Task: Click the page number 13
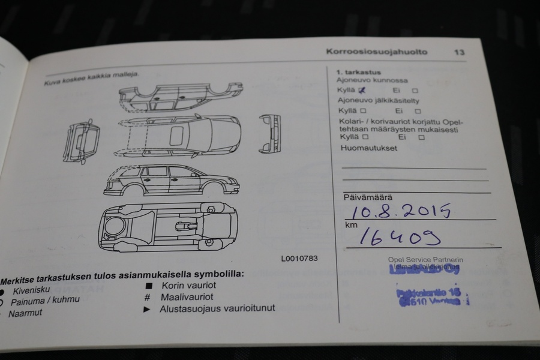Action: pyautogui.click(x=459, y=52)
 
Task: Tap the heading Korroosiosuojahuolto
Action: pyautogui.click(x=377, y=52)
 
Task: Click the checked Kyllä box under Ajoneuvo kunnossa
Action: pyautogui.click(x=361, y=90)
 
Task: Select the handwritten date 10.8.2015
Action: pyautogui.click(x=401, y=211)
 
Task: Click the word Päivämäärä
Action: pyautogui.click(x=367, y=197)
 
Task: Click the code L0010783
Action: pyautogui.click(x=299, y=259)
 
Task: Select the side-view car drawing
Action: pyautogui.click(x=171, y=180)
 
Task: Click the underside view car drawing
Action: pyautogui.click(x=169, y=226)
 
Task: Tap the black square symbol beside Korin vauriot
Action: pyautogui.click(x=148, y=285)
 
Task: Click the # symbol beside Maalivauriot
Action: pyautogui.click(x=147, y=297)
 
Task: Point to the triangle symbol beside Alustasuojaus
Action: pyautogui.click(x=146, y=309)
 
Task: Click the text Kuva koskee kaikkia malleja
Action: pyautogui.click(x=91, y=77)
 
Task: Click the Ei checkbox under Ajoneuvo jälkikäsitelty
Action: pyautogui.click(x=418, y=111)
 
